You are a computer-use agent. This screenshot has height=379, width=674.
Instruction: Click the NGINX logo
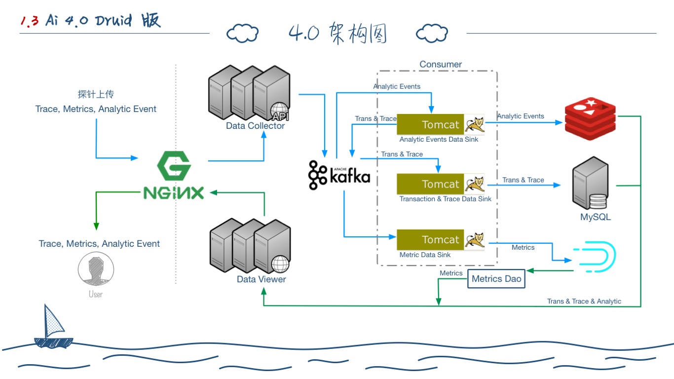coord(174,176)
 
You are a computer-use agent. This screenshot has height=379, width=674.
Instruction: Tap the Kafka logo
coord(339,175)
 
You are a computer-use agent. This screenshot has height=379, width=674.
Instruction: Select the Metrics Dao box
coord(496,279)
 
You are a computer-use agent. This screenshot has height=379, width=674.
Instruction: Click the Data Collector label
coord(255,126)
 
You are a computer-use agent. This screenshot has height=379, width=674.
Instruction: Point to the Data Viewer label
coord(261,279)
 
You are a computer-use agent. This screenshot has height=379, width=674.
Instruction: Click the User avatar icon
coord(96,269)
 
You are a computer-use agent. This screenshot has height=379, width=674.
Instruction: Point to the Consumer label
coord(441,64)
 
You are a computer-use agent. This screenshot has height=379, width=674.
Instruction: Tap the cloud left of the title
coord(242,34)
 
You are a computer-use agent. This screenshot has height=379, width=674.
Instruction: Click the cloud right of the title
coord(432,34)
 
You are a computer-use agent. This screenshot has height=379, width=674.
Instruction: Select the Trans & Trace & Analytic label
coord(584,301)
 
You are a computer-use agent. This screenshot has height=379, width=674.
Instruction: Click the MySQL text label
coord(595,217)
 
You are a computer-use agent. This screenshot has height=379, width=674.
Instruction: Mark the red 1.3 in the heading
coord(30,21)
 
